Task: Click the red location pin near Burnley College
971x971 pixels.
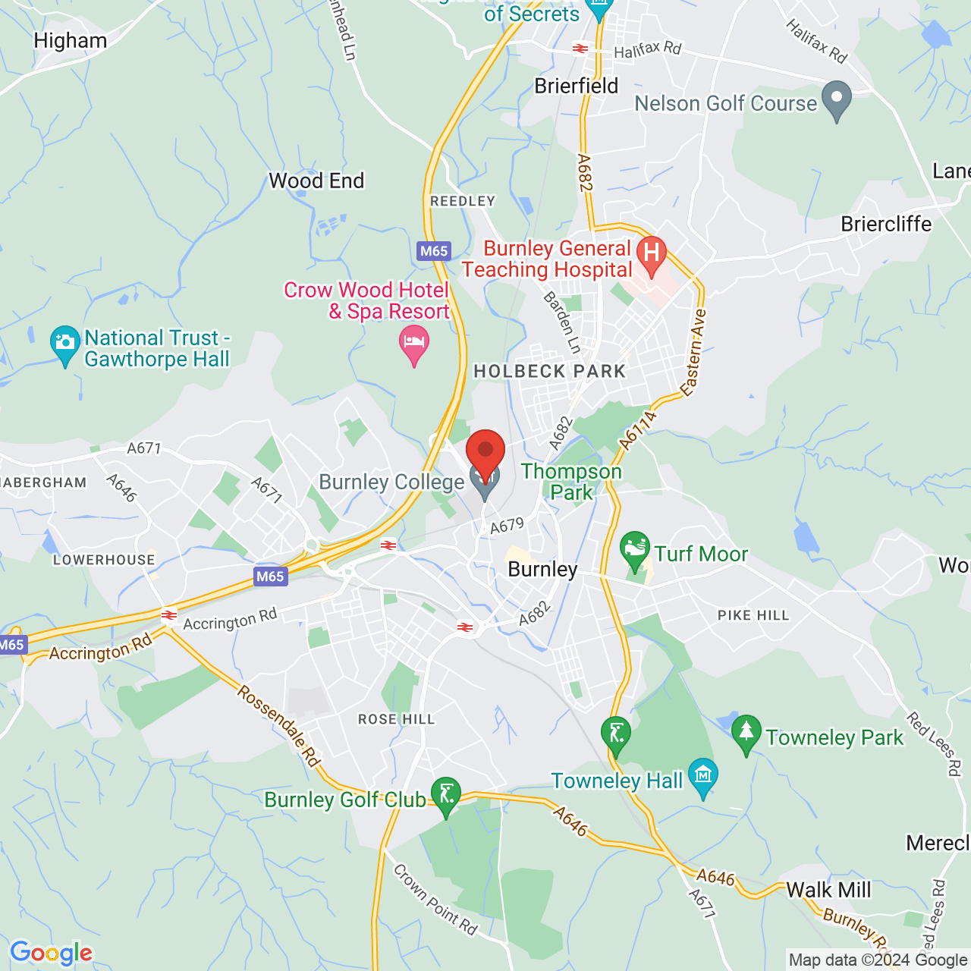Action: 485,451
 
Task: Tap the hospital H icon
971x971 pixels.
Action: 651,253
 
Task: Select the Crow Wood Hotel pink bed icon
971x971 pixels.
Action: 413,344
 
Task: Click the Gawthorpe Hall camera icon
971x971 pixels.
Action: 65,343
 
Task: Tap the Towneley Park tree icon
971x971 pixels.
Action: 746,732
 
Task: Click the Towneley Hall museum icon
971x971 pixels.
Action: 703,775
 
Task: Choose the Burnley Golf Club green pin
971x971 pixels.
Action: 446,794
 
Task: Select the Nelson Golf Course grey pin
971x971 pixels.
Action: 837,99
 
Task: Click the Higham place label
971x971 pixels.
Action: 71,41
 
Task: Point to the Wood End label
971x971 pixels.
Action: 316,181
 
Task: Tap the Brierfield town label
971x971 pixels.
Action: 577,86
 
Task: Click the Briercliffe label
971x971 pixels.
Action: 886,225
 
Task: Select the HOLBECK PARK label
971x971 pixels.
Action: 550,372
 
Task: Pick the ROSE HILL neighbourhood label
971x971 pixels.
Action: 397,719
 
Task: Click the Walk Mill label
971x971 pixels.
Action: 828,890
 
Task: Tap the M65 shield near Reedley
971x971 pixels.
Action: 434,251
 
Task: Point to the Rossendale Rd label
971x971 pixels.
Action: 278,725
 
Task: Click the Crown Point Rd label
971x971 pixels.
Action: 435,900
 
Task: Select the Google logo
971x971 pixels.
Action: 51,953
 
